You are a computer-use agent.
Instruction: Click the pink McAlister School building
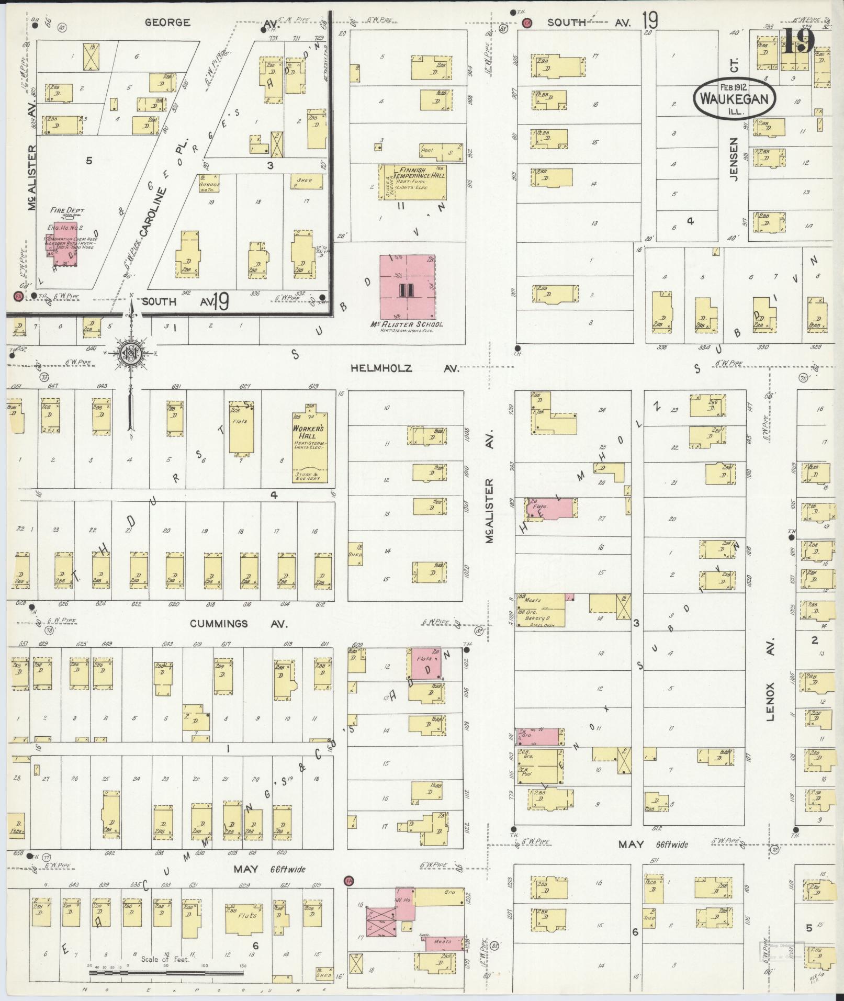point(407,287)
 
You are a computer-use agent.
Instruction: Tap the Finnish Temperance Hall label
point(423,173)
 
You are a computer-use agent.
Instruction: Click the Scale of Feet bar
point(166,974)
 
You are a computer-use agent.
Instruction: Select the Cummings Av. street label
point(225,624)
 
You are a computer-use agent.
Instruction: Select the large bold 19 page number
point(798,41)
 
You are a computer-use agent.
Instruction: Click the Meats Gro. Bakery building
point(541,610)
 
